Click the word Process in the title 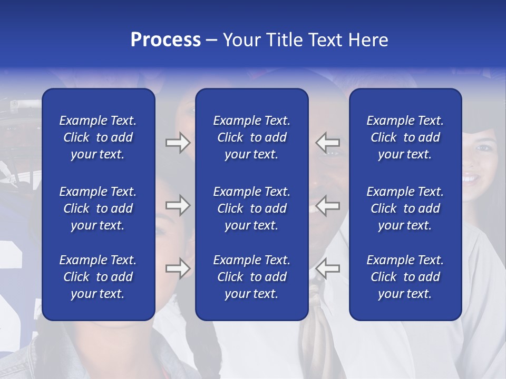166,40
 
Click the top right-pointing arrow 178,143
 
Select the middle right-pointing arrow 178,205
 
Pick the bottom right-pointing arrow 178,268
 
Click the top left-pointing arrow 328,143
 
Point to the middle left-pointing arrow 328,205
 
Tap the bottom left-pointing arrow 328,268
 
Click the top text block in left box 98,137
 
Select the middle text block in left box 98,208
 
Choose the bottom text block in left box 98,277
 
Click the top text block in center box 251,137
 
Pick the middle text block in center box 251,208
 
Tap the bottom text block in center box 251,277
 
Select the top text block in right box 405,137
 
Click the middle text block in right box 405,208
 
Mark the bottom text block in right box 405,277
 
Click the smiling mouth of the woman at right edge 471,179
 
